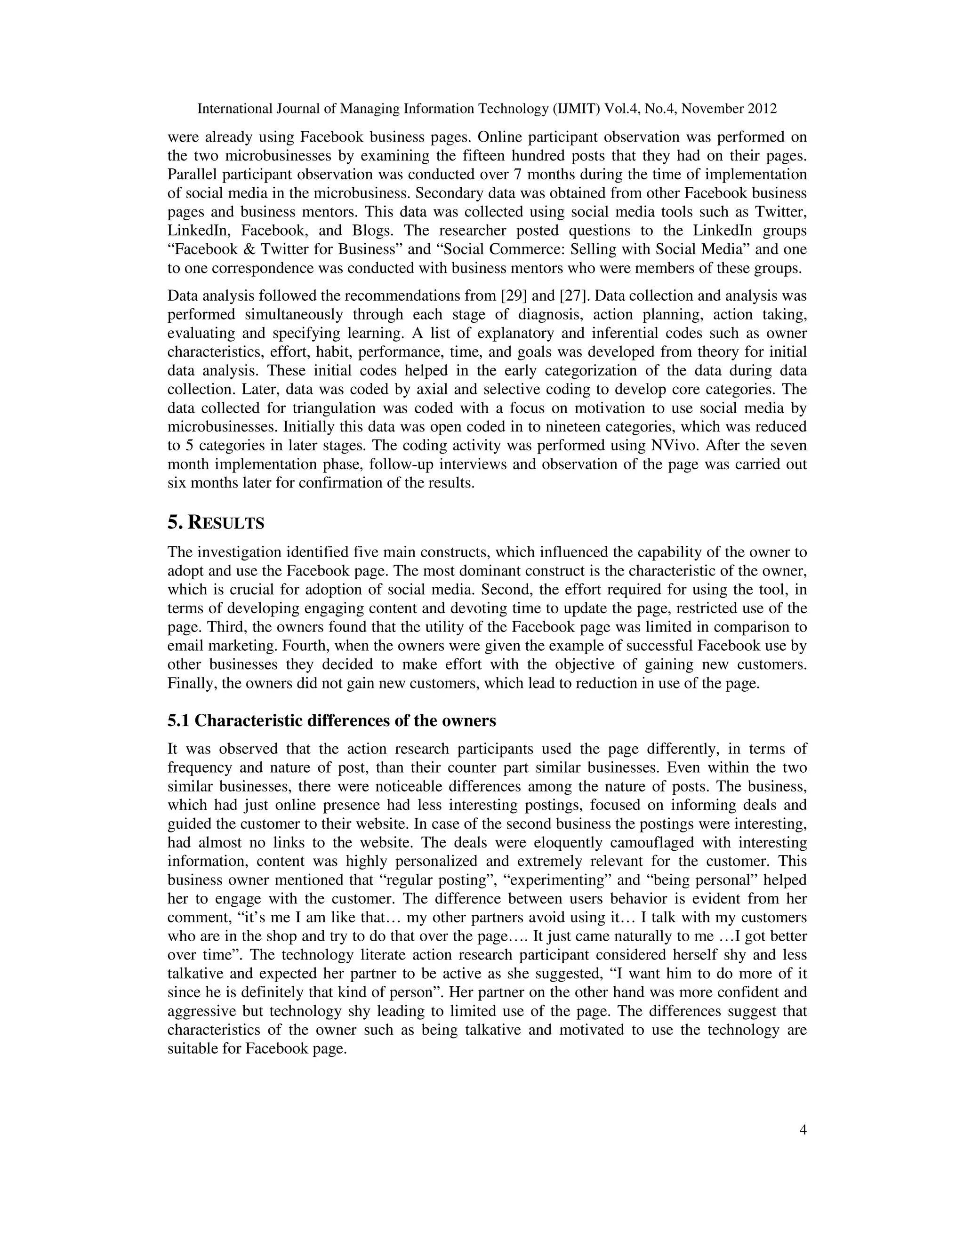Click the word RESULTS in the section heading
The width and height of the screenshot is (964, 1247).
[x=226, y=523]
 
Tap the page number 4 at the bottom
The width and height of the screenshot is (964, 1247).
[x=803, y=1130]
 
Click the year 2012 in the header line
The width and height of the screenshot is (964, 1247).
[x=761, y=109]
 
